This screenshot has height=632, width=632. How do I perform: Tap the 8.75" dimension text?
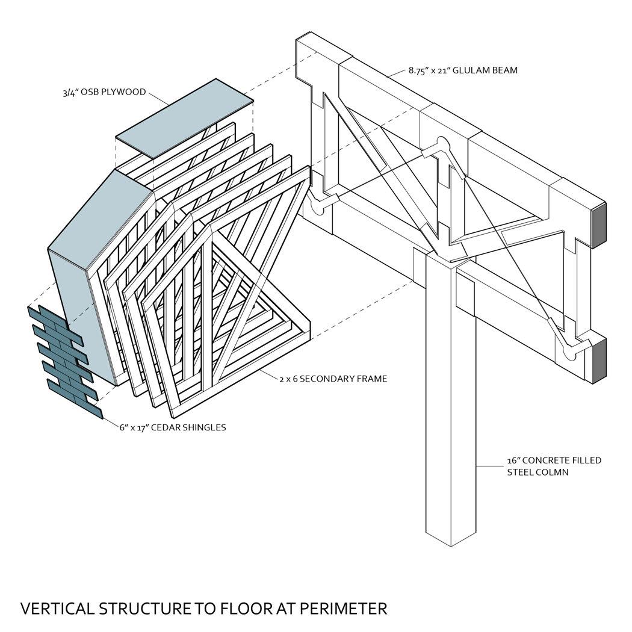pyautogui.click(x=420, y=70)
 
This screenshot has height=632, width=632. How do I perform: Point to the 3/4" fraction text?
pyautogui.click(x=70, y=92)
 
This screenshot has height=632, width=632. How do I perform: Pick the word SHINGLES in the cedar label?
pyautogui.click(x=205, y=427)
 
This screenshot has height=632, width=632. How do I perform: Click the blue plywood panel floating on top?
pyautogui.click(x=185, y=119)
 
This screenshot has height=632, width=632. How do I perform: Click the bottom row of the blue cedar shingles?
pyautogui.click(x=76, y=398)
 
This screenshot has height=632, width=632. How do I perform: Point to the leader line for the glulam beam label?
pyautogui.click(x=397, y=73)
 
